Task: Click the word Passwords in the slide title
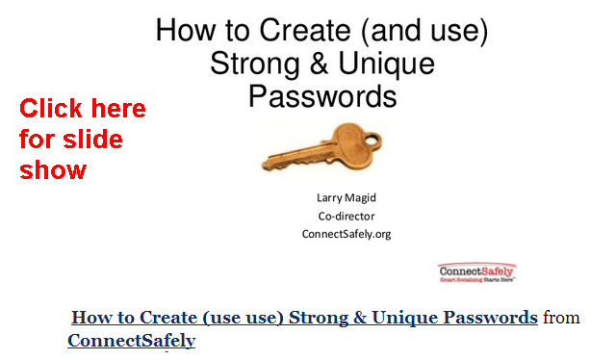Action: pyautogui.click(x=322, y=96)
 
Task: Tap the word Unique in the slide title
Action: pyautogui.click(x=387, y=64)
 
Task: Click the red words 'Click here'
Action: pyautogui.click(x=83, y=109)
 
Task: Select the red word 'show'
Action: pyautogui.click(x=53, y=170)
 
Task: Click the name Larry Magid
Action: pyautogui.click(x=346, y=199)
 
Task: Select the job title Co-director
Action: pyautogui.click(x=346, y=217)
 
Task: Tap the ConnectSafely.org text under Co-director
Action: pyautogui.click(x=346, y=234)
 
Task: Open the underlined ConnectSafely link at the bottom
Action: pyautogui.click(x=131, y=341)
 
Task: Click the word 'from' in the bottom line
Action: pyautogui.click(x=561, y=318)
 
